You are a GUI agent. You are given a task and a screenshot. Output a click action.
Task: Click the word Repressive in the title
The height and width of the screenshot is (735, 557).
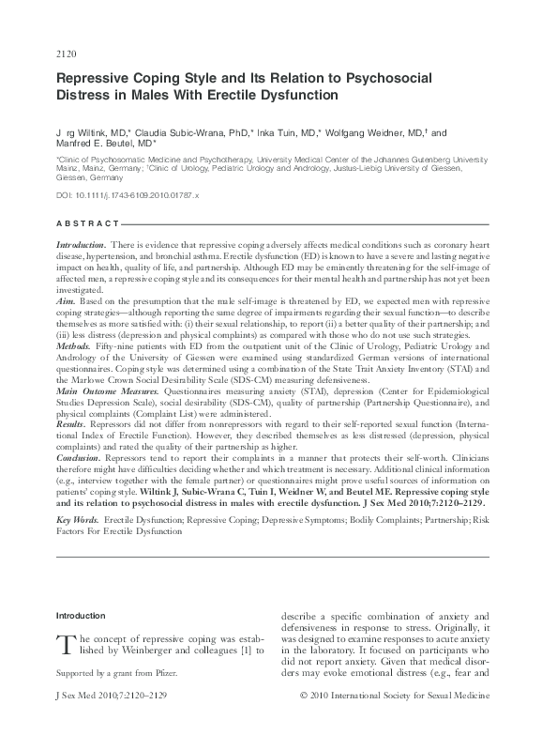99,80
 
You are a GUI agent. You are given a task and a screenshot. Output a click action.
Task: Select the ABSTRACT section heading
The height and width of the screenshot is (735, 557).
88,223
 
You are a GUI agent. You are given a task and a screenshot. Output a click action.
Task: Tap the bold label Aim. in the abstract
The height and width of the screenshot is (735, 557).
67,301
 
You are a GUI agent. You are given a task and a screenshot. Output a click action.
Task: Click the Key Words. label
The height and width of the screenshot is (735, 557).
78,519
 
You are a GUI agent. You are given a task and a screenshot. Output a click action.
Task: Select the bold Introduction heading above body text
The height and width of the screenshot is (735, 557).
82,616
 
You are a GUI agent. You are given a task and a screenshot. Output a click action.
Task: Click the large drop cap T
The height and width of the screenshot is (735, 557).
66,646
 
